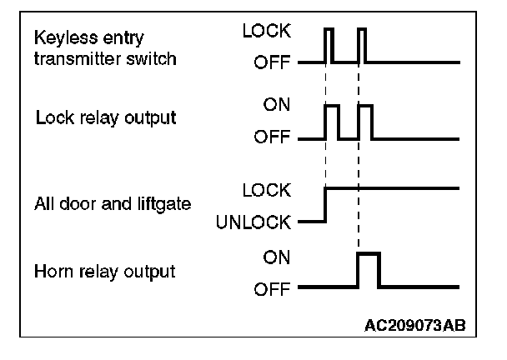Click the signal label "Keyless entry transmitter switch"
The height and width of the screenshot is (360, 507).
click(105, 48)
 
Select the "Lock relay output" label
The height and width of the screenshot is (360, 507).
click(106, 117)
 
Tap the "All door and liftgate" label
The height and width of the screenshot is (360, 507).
click(113, 204)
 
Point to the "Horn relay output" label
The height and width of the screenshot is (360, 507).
click(104, 272)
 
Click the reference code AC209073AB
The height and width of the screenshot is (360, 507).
click(414, 326)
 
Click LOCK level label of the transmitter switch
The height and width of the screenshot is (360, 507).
click(267, 31)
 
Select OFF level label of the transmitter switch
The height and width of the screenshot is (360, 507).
click(272, 62)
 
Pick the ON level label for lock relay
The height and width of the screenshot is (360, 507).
click(277, 105)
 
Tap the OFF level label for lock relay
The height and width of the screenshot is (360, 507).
click(272, 137)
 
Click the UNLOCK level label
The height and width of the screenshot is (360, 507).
click(254, 222)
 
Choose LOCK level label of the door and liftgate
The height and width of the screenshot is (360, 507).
click(267, 190)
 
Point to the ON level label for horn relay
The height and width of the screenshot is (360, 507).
click(277, 257)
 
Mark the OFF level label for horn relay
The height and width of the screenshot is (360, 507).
click(272, 289)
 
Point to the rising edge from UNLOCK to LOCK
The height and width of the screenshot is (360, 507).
click(325, 205)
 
